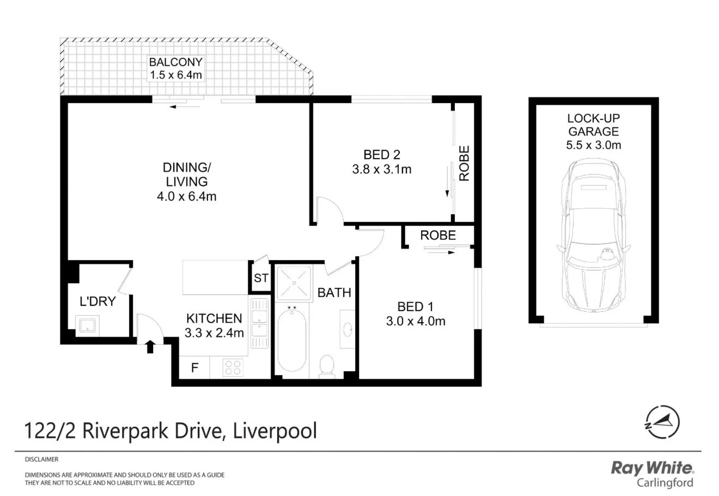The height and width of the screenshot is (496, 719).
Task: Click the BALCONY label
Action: (176, 62)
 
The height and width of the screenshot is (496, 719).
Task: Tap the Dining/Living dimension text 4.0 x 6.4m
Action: (186, 196)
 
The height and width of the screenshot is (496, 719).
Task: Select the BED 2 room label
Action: (382, 154)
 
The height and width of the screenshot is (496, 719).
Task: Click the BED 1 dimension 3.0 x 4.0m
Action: (416, 321)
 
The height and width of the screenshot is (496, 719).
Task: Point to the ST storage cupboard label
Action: (261, 278)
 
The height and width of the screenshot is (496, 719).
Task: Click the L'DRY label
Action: (98, 301)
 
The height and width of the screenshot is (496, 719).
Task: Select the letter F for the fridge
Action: (194, 368)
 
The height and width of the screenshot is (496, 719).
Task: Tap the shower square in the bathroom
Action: (294, 283)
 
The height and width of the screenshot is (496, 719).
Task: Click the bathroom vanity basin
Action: (347, 330)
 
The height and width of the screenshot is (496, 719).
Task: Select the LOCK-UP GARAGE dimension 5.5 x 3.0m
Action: (593, 145)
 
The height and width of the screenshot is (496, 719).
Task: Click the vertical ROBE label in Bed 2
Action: (464, 164)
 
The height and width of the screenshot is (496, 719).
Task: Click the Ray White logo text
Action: (652, 468)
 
